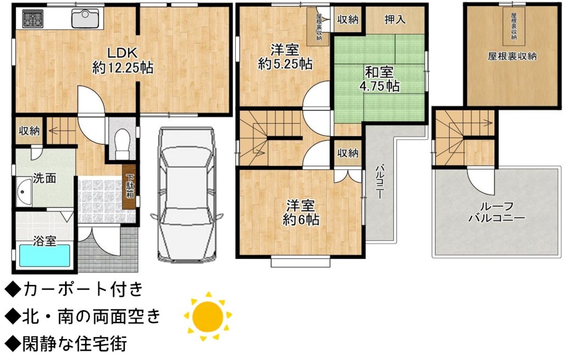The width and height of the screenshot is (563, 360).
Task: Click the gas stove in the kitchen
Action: (x=33, y=18)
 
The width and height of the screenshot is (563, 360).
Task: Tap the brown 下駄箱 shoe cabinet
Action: (x=129, y=187)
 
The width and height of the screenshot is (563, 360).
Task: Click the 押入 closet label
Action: (x=395, y=19)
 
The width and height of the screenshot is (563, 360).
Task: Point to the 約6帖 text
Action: (x=301, y=220)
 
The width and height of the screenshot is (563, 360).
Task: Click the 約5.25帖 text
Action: (x=285, y=64)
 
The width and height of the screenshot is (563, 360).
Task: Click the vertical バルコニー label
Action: (x=379, y=181)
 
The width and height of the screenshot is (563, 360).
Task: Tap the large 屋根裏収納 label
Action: (x=512, y=56)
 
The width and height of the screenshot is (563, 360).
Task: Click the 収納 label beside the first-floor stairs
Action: (x=30, y=131)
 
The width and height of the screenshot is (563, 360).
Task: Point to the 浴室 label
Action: (x=45, y=241)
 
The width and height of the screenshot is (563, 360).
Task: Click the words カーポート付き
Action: (x=82, y=289)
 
